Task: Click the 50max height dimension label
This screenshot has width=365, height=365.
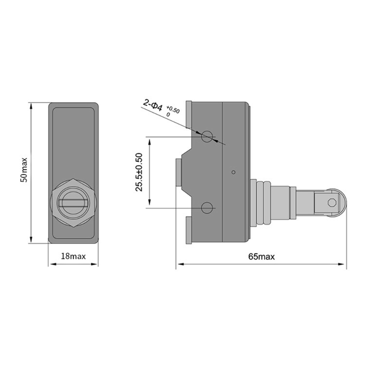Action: point(24,170)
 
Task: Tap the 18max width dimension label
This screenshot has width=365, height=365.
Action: point(73,256)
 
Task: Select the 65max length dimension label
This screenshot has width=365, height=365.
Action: point(261,256)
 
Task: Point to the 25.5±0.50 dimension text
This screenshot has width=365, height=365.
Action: point(139,172)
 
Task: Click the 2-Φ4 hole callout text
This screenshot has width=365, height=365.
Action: point(153,105)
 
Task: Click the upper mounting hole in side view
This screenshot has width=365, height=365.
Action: point(207,136)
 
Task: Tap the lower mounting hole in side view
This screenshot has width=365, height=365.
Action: point(207,208)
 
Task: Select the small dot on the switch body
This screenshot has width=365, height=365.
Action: point(234,172)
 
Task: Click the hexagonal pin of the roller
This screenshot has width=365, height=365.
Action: point(332,203)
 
